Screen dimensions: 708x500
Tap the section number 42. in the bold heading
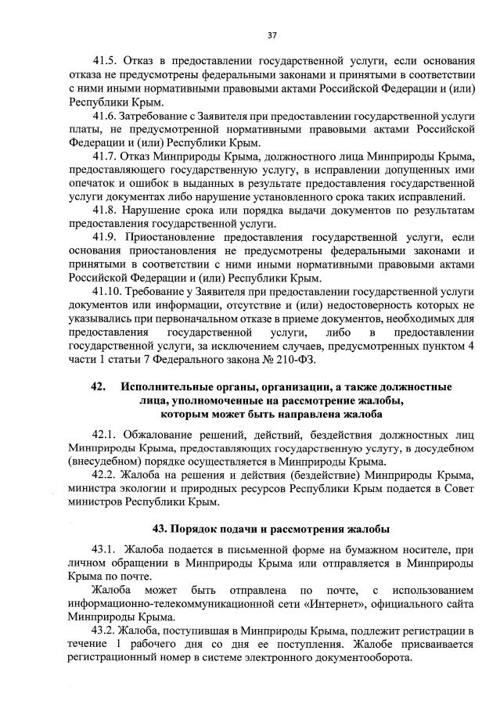point(98,387)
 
